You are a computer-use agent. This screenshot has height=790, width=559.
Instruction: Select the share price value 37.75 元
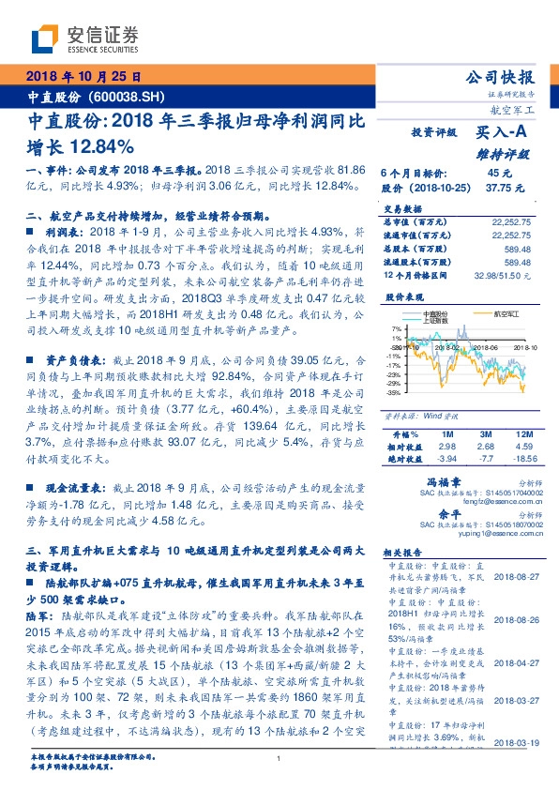497,187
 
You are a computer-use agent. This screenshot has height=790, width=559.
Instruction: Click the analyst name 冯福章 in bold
428,479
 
